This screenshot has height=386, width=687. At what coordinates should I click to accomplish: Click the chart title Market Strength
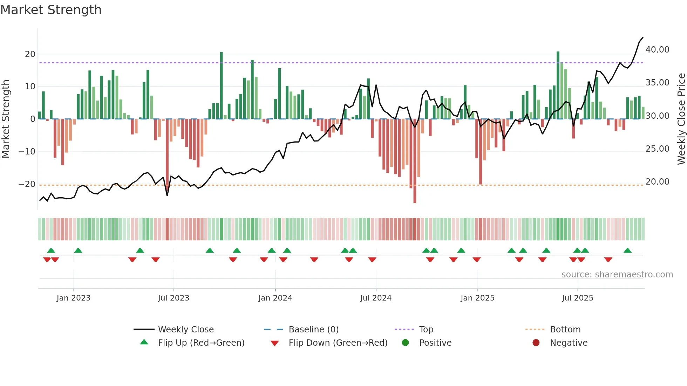point(51,10)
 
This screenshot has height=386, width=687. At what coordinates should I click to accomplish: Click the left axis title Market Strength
point(6,119)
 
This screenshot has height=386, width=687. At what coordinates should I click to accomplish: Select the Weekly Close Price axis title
point(681,119)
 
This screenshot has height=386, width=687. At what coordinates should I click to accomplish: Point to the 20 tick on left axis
point(30,54)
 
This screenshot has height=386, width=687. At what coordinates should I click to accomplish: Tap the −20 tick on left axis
point(27,184)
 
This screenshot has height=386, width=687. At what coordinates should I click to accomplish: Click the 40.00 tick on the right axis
point(657,50)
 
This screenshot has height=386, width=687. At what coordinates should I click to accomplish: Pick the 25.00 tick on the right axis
point(657,149)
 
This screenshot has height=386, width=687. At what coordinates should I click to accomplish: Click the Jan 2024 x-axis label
point(275,298)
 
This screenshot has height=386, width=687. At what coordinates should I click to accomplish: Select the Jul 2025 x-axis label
point(577,298)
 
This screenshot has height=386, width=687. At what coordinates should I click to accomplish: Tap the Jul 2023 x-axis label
point(174,298)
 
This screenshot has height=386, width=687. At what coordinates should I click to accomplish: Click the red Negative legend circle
point(536,343)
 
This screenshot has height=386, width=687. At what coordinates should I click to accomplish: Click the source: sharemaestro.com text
point(617,275)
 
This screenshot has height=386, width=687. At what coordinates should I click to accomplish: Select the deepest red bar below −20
point(415,196)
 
